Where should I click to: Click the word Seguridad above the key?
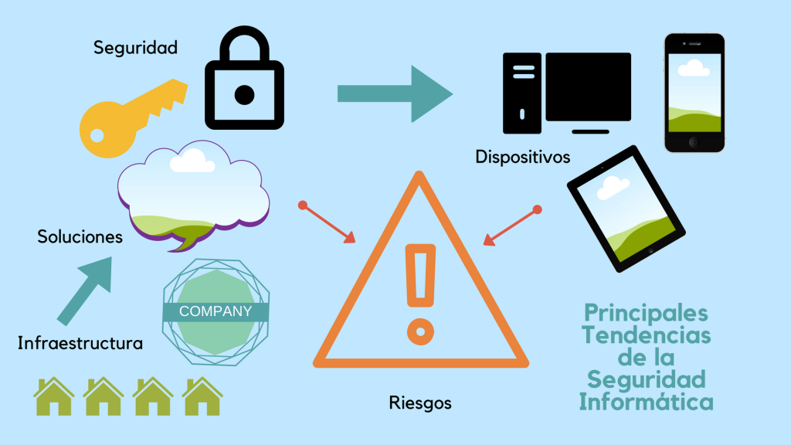tap(135, 48)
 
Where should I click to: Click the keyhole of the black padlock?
tap(244, 95)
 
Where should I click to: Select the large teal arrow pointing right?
tap(394, 93)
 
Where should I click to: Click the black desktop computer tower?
tap(521, 93)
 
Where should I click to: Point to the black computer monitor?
tap(588, 87)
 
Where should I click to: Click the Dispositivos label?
tap(523, 158)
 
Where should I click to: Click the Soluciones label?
tap(80, 237)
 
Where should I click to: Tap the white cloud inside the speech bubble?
tap(192, 160)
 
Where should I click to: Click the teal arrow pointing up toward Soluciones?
tap(86, 289)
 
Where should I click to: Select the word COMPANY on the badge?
tap(216, 312)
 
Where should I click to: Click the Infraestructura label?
tap(80, 343)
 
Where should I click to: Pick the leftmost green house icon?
tap(54, 397)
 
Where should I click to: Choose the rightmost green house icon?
tap(202, 397)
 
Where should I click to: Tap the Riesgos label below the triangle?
tap(420, 403)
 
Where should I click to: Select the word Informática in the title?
tap(646, 403)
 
